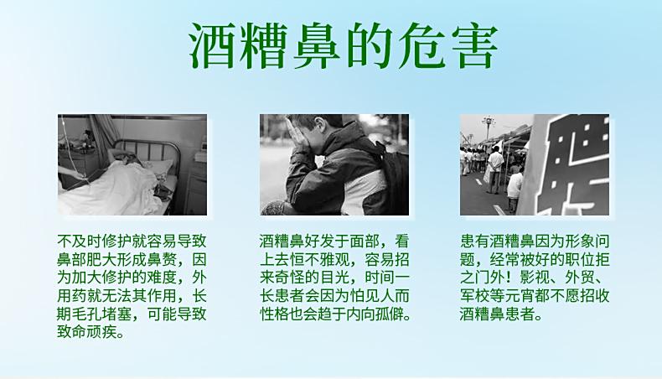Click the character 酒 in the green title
212,46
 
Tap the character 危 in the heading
422,46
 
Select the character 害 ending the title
473,46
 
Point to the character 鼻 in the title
317,46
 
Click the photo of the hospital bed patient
132,164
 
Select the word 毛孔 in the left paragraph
95,314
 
